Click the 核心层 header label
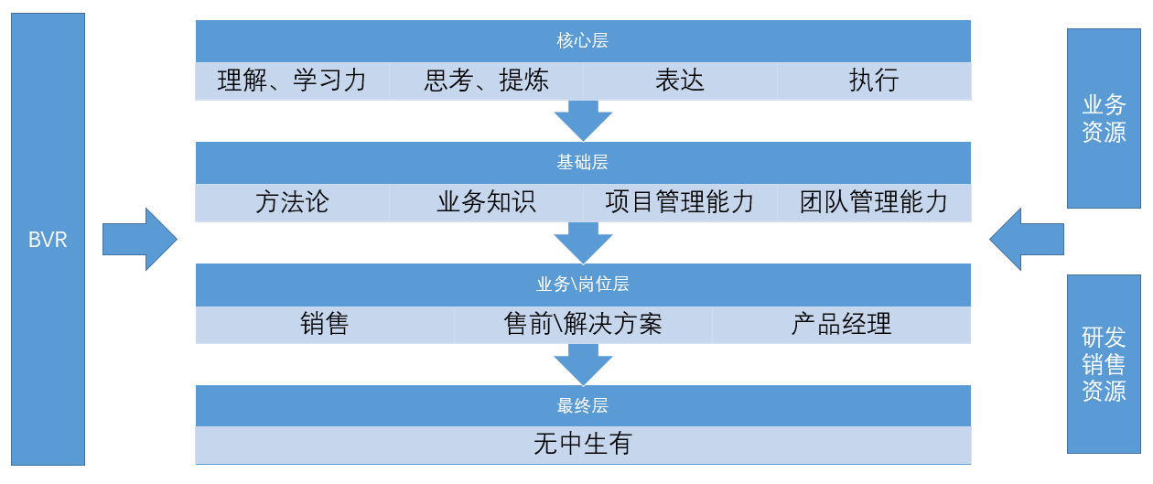click(582, 41)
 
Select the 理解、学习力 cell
click(292, 81)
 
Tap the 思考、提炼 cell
click(486, 81)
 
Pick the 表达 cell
click(680, 81)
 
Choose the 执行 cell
click(874, 81)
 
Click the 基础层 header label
click(582, 163)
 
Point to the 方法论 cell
click(292, 202)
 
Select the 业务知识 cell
click(486, 202)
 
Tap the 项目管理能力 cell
click(680, 202)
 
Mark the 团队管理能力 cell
click(874, 202)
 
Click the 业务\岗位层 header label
click(582, 285)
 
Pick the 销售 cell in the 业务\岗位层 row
click(325, 324)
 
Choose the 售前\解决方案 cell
click(583, 324)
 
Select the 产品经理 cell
click(841, 324)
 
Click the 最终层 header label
click(582, 405)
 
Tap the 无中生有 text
click(582, 445)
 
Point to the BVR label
click(48, 242)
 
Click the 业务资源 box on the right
click(1104, 118)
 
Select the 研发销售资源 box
click(1104, 364)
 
